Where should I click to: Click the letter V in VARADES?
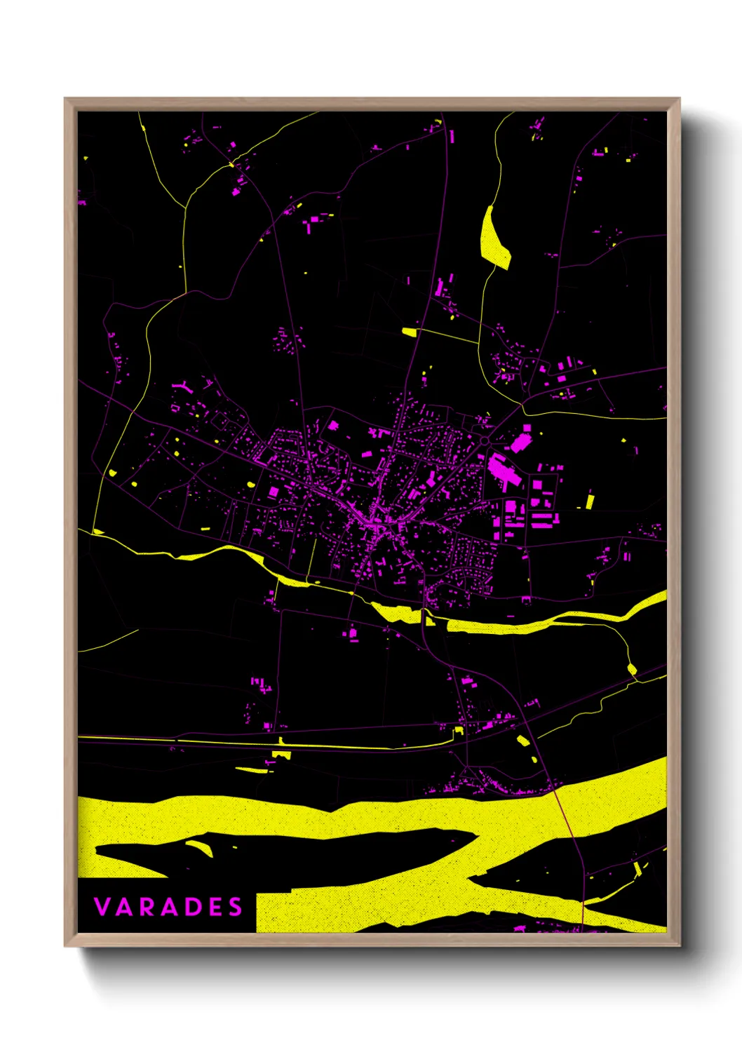coord(102,907)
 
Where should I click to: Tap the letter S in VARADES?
coord(235,907)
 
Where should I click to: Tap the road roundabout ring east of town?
coord(485,440)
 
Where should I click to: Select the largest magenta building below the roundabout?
coord(501,469)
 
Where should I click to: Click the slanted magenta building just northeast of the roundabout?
coord(520,443)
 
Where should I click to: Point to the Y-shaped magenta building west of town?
coord(184,385)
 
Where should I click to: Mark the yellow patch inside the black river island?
coord(201,847)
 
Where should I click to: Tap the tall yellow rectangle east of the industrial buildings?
coord(590,501)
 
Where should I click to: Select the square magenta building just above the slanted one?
coord(527,427)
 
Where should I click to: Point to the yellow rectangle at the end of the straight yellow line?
coord(409,332)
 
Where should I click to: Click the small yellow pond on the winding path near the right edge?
coord(631,669)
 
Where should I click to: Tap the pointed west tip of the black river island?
coord(97,850)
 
